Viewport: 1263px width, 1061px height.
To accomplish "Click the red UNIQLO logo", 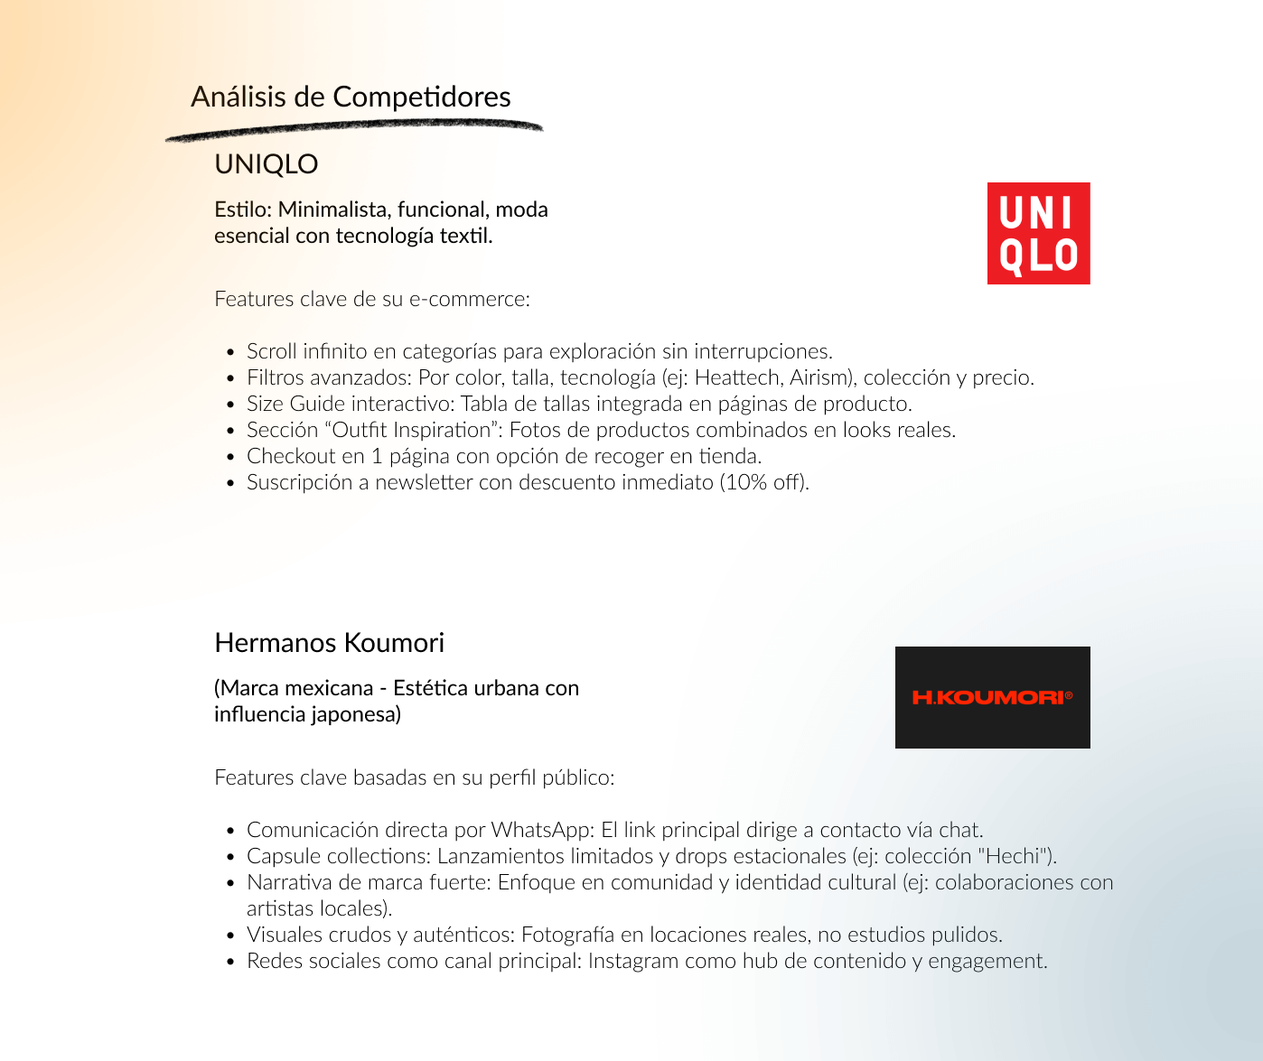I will click(x=1038, y=233).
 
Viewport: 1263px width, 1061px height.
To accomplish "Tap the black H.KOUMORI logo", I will click(x=992, y=697).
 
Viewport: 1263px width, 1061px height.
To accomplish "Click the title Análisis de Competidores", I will click(x=351, y=97).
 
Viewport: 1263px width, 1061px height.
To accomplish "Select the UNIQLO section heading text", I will click(x=266, y=164).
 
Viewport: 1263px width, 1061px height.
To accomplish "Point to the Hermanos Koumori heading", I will click(x=329, y=643).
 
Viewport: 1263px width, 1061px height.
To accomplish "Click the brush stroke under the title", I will click(x=354, y=130).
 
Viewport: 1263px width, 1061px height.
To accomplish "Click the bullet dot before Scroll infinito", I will click(x=230, y=352).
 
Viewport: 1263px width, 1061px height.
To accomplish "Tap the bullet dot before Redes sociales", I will click(x=230, y=962).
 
